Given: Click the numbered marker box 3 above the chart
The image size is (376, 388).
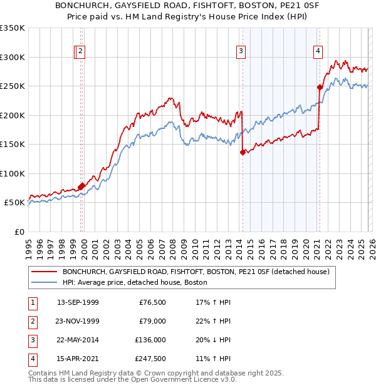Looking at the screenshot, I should (241, 52).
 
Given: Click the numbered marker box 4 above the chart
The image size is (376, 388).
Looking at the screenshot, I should (318, 52).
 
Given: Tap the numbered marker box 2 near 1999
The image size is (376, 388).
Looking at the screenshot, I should (82, 52).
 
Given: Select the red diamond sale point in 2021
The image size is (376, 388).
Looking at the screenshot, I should (320, 88).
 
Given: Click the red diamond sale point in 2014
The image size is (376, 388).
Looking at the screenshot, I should (243, 151).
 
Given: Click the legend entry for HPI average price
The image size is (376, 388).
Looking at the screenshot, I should (134, 283).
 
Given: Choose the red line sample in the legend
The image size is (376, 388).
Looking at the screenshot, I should (44, 272).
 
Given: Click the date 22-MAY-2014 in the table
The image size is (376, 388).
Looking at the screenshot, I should (78, 340).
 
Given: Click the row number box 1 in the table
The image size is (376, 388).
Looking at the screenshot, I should (31, 302).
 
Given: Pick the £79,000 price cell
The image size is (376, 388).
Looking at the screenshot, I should (152, 321).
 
